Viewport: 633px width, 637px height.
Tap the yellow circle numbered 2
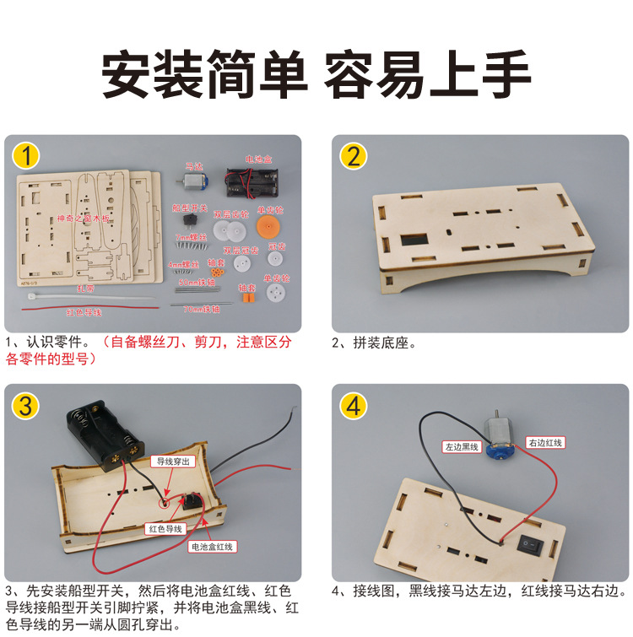353,156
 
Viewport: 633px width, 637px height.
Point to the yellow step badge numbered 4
353,406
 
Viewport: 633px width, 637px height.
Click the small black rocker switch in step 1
189,219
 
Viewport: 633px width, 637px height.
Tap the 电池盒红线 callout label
213,547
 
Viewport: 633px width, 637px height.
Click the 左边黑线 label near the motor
462,446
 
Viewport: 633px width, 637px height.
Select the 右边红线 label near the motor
544,442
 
